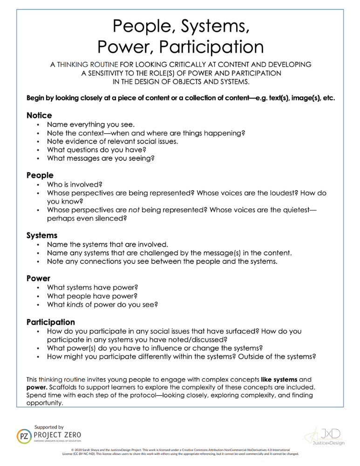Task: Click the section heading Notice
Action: pos(39,115)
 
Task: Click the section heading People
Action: pos(40,175)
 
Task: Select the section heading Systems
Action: pos(42,235)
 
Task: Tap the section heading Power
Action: pos(39,278)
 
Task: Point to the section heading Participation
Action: pos(50,322)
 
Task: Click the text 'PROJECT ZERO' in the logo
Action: pos(58,435)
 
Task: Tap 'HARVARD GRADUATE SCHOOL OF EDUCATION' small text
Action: pos(58,441)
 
